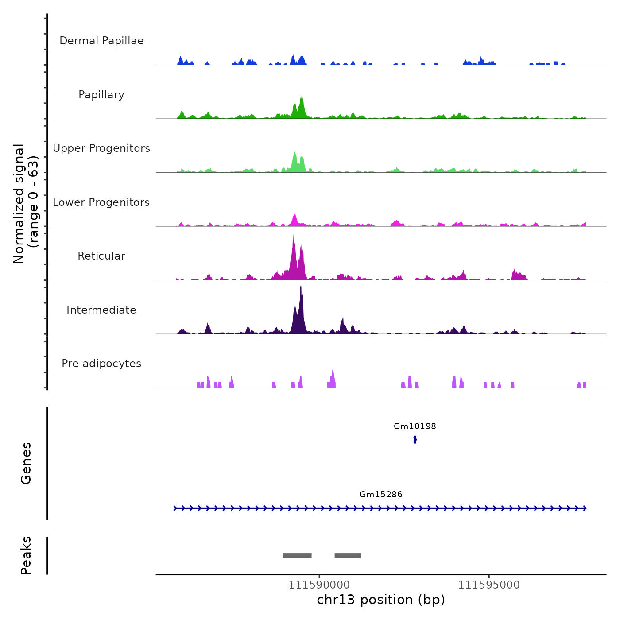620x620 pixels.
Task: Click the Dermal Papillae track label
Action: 101,41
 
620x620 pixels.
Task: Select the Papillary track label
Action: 101,95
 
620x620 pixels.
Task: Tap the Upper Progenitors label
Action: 101,148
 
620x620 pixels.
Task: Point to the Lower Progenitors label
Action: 101,202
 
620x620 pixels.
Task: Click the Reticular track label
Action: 101,256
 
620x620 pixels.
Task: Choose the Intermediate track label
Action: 101,310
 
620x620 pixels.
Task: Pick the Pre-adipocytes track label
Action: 101,364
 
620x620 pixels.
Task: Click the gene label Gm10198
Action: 415,426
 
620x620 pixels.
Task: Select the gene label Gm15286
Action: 381,495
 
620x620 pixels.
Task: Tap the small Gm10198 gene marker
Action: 415,439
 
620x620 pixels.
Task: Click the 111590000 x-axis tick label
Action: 319,585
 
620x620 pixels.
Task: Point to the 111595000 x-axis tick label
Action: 489,585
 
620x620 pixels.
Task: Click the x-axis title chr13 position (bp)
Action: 381,600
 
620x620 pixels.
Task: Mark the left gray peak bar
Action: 297,556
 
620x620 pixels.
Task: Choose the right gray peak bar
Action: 348,556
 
